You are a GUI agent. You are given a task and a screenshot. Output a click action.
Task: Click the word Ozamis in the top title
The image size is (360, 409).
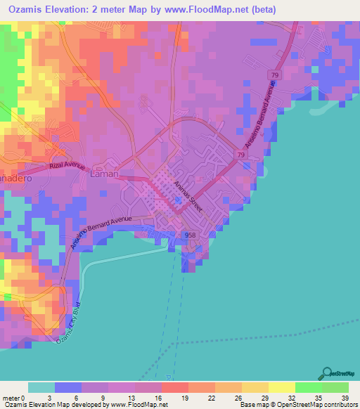26,10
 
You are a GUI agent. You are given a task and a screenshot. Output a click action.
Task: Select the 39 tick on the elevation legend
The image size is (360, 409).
344,398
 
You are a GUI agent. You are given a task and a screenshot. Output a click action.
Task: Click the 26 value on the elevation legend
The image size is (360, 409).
239,398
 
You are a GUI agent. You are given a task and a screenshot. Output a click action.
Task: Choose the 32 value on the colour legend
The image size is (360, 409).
291,398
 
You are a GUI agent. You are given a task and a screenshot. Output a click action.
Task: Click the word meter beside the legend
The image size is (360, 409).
10,398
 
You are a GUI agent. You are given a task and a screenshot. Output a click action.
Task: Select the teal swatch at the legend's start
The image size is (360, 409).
41,387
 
